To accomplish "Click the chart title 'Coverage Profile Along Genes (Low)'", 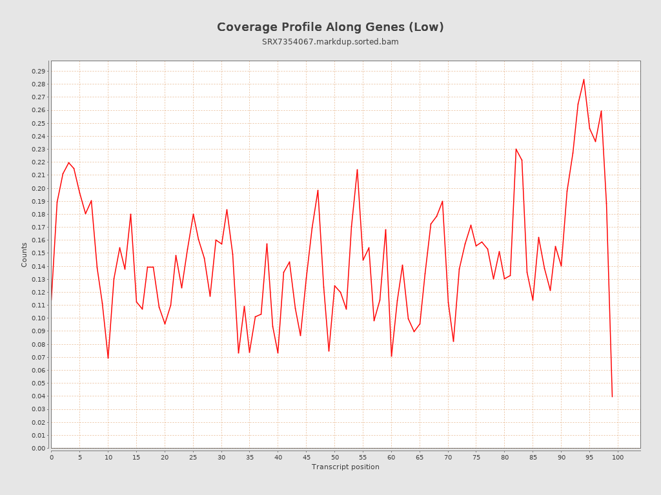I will click(x=330, y=27).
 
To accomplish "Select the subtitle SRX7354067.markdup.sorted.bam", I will click(x=330, y=42).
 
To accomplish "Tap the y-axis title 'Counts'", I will click(x=25, y=255).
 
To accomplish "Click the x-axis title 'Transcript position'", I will click(x=345, y=467).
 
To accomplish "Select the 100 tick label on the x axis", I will click(x=618, y=458).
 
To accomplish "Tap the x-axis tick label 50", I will click(x=334, y=458).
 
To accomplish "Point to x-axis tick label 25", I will click(x=193, y=458).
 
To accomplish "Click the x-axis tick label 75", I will click(x=476, y=458).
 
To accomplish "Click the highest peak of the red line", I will click(x=584, y=79).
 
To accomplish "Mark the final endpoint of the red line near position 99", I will click(x=612, y=396).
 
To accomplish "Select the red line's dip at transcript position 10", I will click(x=108, y=358).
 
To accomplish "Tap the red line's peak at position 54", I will click(x=357, y=170).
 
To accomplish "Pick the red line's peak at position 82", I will click(x=516, y=149).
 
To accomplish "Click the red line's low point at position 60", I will click(x=391, y=356).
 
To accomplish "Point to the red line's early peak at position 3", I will click(x=68, y=162).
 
